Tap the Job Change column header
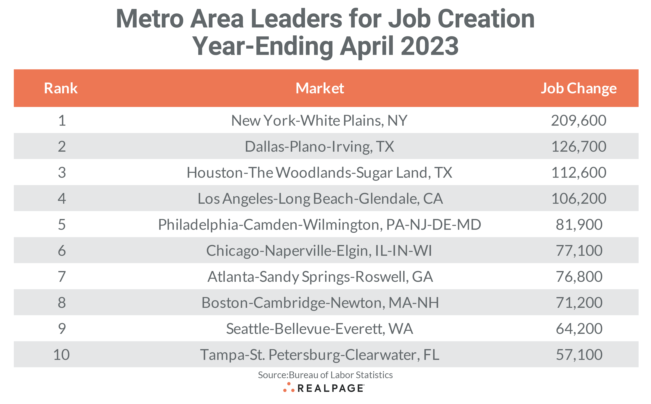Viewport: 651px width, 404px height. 578,88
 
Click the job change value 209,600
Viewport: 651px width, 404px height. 578,121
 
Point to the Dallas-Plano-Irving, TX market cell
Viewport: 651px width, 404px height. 319,146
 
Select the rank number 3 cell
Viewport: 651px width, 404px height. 62,173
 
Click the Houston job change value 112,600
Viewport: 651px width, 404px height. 578,173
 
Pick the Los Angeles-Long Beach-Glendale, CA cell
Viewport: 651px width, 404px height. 320,198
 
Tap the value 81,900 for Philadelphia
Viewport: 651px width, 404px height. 579,224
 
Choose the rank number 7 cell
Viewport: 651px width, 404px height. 62,277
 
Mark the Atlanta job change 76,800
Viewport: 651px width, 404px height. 579,277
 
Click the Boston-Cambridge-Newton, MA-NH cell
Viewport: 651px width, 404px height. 320,303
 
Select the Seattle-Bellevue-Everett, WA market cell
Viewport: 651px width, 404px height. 319,329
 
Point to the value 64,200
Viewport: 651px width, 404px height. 579,329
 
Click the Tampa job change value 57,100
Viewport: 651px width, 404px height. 579,355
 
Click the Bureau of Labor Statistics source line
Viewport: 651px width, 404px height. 325,375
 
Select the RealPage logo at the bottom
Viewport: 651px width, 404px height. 323,388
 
